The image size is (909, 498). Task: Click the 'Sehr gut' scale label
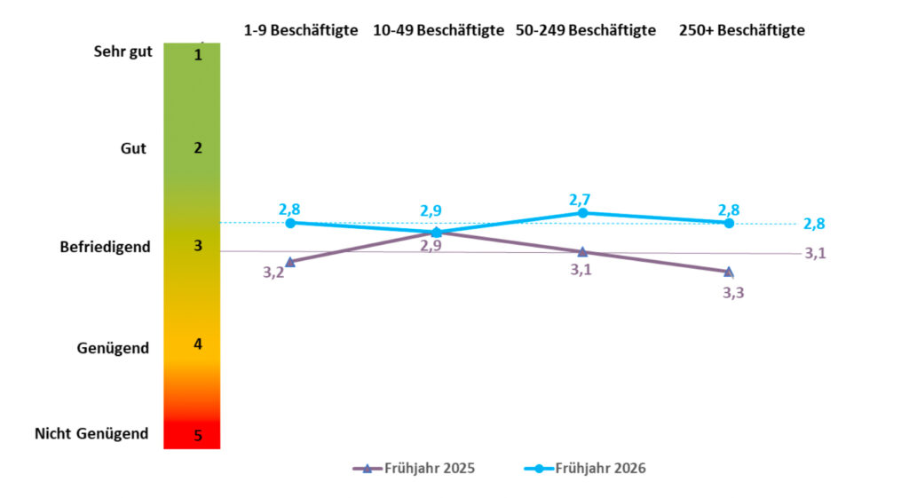point(123,51)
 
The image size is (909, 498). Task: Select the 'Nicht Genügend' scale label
point(91,434)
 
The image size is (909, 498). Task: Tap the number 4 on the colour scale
point(198,344)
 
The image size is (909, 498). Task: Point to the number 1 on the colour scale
point(198,55)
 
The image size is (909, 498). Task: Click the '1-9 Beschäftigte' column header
point(301,30)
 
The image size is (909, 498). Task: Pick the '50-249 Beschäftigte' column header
point(586,30)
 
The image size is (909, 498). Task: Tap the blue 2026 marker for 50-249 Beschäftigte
point(582,213)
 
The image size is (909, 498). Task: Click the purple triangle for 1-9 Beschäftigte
point(290,262)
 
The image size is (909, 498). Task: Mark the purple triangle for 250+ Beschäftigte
point(729,272)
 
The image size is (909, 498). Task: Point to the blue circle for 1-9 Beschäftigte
point(290,222)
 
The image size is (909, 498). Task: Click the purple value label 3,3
point(733,293)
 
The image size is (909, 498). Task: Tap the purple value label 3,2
point(273,273)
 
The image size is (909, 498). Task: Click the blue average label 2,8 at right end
point(814,225)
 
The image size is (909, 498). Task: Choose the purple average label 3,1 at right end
point(816,254)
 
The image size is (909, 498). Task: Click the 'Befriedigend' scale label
point(99,247)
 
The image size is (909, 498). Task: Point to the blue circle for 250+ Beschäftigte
point(729,223)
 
